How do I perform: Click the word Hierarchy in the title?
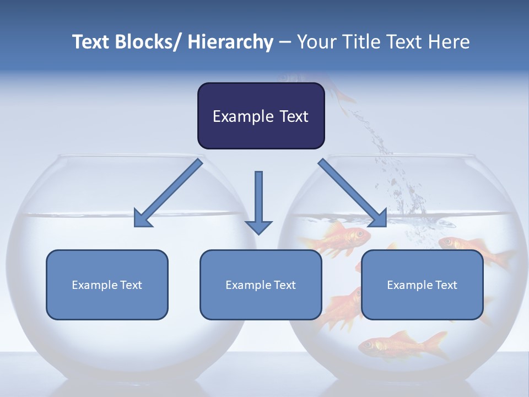coord(230,42)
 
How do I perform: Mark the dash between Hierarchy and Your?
coord(285,43)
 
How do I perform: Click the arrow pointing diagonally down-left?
coord(168,193)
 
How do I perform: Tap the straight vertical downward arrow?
coord(258,198)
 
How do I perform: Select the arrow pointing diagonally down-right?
coord(353,193)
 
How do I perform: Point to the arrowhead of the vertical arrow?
coord(258,227)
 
